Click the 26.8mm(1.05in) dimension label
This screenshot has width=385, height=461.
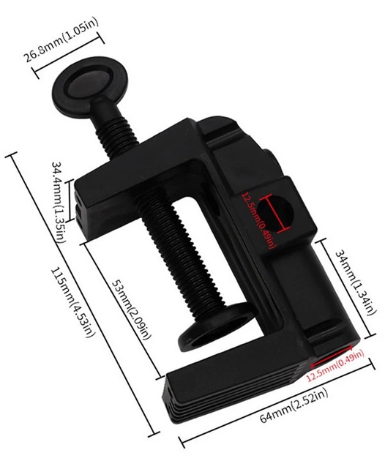61,41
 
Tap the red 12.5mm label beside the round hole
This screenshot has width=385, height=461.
259,220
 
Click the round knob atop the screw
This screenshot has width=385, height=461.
90,86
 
